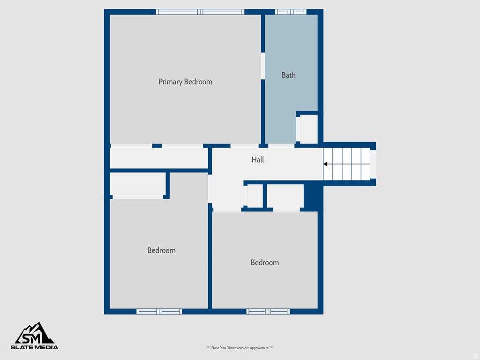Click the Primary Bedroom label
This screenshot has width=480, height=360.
pos(185,82)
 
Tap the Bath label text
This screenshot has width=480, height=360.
pos(288,75)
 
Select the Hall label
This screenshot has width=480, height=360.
pos(257,160)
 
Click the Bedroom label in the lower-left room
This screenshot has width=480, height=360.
pos(161,250)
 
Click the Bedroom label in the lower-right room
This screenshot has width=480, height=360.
pos(264,262)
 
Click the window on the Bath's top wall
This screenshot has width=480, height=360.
pos(290,12)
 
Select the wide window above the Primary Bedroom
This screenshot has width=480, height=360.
pos(200,12)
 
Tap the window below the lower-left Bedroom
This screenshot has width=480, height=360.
pos(159,311)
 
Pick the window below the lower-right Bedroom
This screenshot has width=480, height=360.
pos(268,311)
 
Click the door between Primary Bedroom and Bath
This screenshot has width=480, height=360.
pos(263,66)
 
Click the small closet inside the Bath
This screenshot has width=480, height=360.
pos(308,129)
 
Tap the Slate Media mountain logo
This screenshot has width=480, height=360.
pos(35,333)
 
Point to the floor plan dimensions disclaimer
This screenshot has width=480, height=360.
pos(240,348)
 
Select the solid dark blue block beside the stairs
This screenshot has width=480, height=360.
pos(313,196)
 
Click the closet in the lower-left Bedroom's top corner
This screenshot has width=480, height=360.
pos(137,184)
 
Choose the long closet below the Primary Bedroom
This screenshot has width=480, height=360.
pos(158,158)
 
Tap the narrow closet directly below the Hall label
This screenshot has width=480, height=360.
pos(255,196)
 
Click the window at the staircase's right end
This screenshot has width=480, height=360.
pos(373,164)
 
